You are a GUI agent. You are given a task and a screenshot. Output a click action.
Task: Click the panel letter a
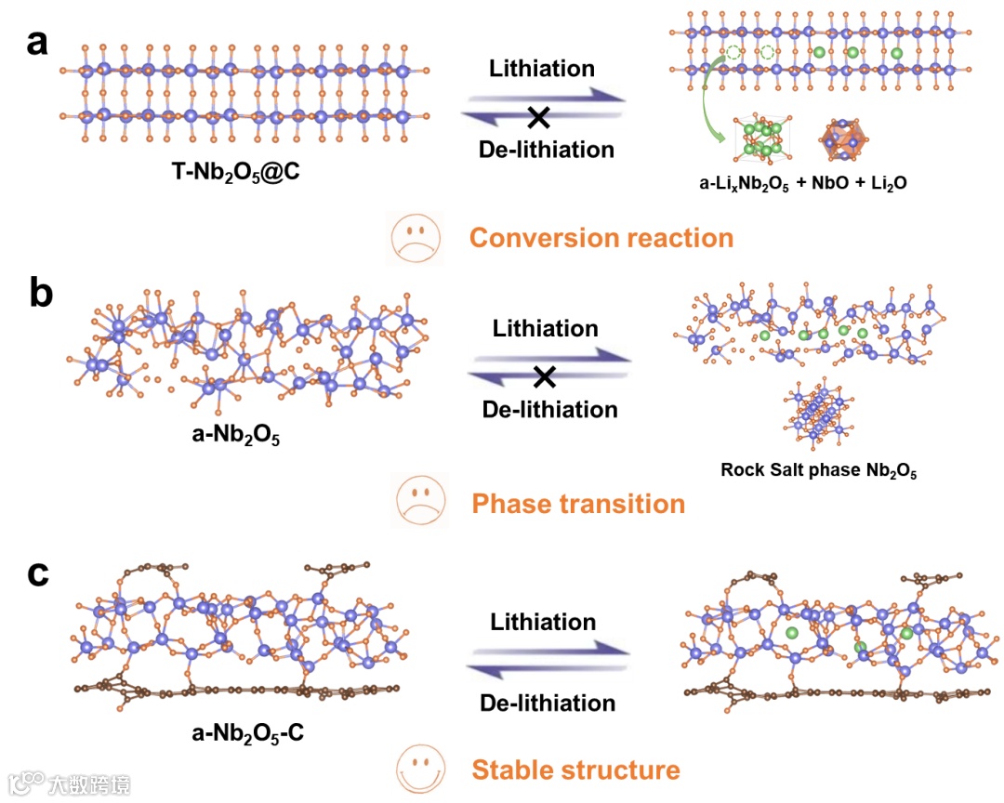[x=37, y=43]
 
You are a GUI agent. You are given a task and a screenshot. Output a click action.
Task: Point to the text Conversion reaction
[x=601, y=238]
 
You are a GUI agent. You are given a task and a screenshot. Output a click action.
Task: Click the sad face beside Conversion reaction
[x=412, y=238]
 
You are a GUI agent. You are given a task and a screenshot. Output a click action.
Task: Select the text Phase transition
[x=578, y=504]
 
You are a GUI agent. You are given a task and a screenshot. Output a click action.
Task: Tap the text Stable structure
[x=575, y=770]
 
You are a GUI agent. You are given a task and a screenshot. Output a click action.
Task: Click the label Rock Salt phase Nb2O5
[x=818, y=470]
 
